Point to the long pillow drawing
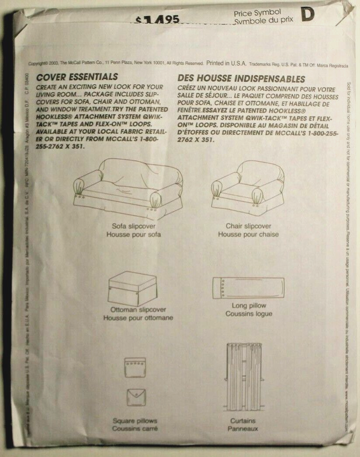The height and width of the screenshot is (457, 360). [248, 287]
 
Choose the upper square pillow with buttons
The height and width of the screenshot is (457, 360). [135, 367]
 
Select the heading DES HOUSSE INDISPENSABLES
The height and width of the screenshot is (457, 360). [241, 78]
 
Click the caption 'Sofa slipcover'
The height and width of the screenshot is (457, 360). [134, 226]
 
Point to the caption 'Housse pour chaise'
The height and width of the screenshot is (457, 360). [248, 234]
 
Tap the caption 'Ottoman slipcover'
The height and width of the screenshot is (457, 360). [138, 310]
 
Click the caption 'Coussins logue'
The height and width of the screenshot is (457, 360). [249, 314]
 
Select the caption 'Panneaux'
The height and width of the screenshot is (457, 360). [243, 428]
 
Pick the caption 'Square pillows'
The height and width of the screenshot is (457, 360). [135, 421]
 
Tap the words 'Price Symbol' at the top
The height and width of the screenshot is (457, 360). [258, 13]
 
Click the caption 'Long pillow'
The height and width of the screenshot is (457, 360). [249, 306]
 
